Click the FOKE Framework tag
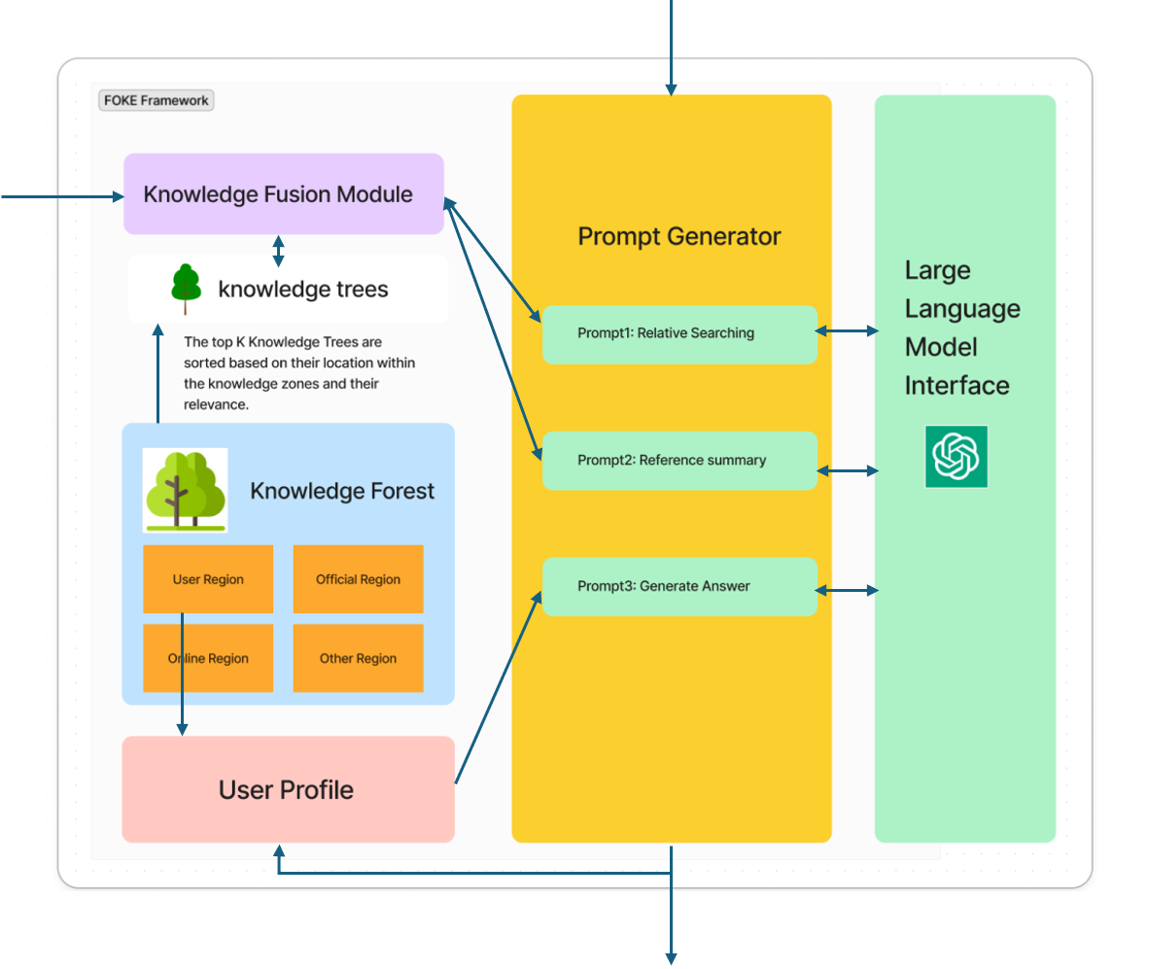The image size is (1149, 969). coord(156,100)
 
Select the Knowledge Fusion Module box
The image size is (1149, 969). coord(283,193)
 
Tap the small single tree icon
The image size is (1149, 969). coord(186,289)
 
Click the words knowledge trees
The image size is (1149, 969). coord(302,289)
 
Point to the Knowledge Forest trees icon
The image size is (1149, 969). coord(185,490)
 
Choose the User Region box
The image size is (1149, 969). coord(208,579)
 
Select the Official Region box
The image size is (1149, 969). coord(358,579)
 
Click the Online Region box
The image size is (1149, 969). coord(208,658)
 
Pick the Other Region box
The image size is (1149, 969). coord(358,658)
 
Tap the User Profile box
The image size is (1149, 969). coord(288,789)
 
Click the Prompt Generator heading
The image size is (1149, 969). coord(679,236)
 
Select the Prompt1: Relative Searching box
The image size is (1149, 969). coord(679,333)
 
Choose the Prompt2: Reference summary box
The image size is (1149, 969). coord(679,460)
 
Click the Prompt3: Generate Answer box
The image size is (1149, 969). coord(679,586)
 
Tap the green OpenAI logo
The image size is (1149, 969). coord(956,456)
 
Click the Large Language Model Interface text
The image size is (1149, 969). coord(962,328)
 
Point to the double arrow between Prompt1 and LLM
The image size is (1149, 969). coord(847,331)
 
